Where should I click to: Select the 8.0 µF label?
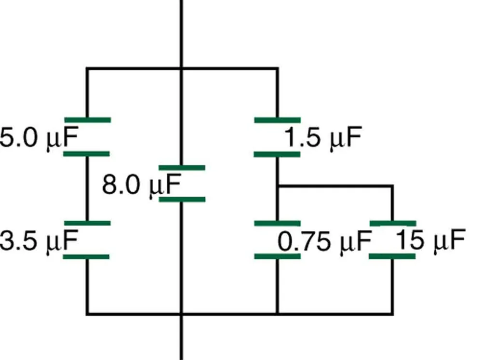(x=141, y=185)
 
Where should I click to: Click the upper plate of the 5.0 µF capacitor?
(x=87, y=120)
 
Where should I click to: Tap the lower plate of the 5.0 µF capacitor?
(x=87, y=154)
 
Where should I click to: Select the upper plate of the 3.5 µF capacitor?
(x=87, y=223)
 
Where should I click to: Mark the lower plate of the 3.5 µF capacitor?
(x=87, y=256)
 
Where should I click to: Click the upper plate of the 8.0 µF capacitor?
(x=182, y=167)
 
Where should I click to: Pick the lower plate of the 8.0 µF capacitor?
(x=182, y=199)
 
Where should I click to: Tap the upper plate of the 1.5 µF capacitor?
(x=277, y=120)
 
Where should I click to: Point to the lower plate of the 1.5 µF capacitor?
(x=277, y=154)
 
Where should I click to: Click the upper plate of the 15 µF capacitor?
(x=392, y=223)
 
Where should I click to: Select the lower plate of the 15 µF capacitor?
(x=392, y=256)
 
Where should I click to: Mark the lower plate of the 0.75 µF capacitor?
(x=277, y=256)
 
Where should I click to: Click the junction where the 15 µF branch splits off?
(x=277, y=185)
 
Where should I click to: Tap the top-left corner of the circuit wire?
(x=87, y=68)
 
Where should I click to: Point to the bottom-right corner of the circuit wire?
(x=392, y=314)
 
